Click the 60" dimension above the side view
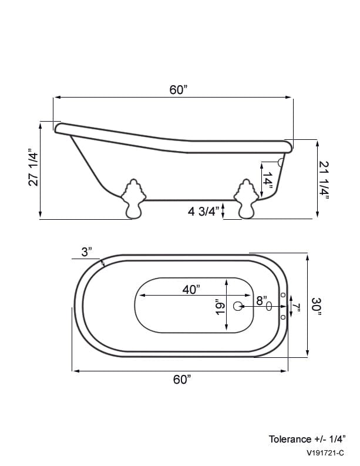[179, 89]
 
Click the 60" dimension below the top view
[182, 379]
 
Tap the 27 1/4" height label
[33, 169]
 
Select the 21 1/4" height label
[324, 180]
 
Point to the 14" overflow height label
[268, 180]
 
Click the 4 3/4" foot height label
[203, 212]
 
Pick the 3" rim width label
[87, 252]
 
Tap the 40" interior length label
[191, 289]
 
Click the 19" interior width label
[220, 307]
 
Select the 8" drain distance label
[262, 300]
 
